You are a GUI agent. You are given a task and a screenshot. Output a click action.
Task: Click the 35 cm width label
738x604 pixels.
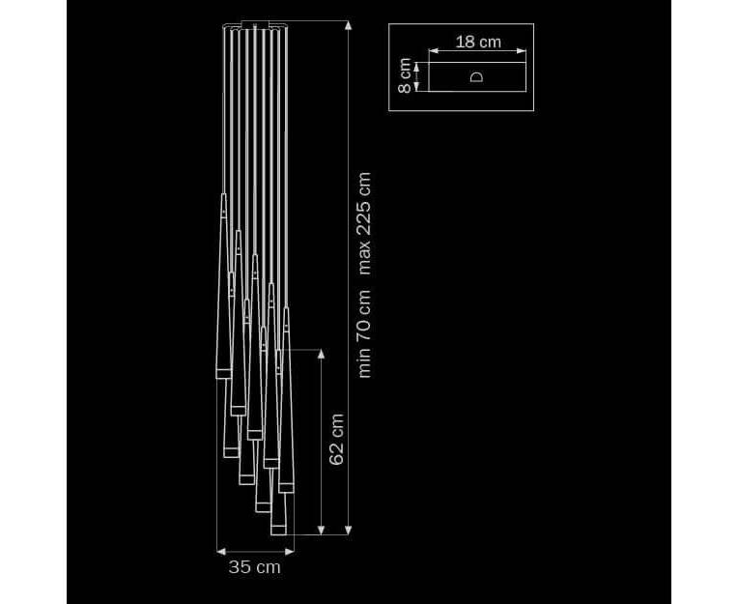[254, 567]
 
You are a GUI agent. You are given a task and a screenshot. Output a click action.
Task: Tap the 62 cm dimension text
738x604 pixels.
[336, 440]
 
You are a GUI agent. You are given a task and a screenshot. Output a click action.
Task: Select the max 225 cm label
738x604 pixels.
[364, 223]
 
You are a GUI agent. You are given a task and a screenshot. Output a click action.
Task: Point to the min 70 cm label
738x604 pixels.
[364, 333]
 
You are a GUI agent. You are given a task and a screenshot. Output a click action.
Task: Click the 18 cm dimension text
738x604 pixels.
[478, 42]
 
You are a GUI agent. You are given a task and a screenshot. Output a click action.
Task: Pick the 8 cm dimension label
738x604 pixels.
[405, 75]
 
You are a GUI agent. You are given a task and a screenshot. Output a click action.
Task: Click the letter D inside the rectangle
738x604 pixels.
[477, 77]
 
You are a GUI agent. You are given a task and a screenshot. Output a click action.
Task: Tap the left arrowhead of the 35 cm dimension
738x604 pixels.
[221, 551]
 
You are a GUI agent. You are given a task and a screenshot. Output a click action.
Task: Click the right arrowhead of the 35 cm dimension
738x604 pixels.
[290, 551]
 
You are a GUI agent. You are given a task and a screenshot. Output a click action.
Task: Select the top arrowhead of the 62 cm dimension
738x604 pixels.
[321, 354]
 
